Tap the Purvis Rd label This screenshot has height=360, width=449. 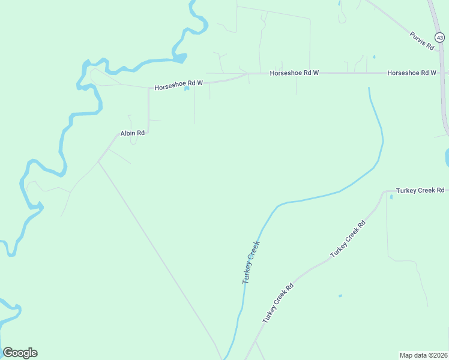(422, 41)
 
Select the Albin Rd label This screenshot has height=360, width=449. (133, 133)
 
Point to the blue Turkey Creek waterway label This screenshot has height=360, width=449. (251, 262)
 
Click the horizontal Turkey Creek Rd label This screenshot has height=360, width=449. (420, 190)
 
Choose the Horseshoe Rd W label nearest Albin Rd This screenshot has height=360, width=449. (178, 85)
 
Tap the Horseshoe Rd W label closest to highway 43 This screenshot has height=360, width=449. (411, 73)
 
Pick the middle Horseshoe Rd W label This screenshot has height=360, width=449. (294, 73)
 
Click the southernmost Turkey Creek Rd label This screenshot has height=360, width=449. (277, 303)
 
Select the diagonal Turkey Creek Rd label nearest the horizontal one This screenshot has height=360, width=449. (348, 239)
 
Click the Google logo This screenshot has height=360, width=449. (20, 353)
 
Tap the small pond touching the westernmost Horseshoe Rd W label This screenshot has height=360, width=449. (187, 89)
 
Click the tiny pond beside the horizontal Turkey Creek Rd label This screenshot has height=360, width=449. (391, 196)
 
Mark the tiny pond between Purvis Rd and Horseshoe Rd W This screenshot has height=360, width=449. (374, 58)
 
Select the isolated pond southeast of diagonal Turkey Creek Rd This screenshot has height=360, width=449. (340, 296)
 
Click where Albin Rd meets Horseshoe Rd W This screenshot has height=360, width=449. (148, 88)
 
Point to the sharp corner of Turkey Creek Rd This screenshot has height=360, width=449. (384, 192)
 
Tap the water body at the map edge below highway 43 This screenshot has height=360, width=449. (447, 158)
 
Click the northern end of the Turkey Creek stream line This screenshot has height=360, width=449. (369, 89)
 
